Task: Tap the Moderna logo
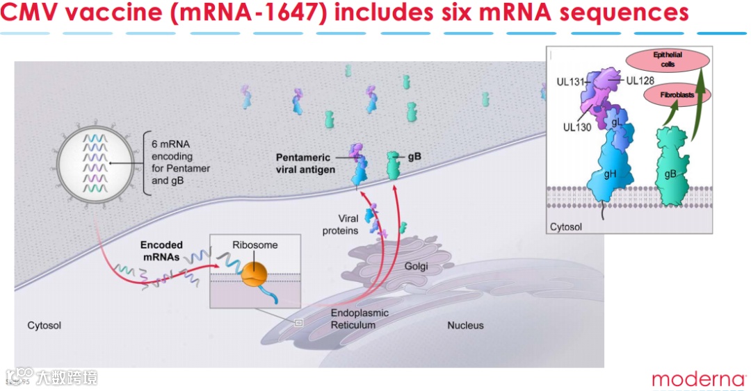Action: click(697, 379)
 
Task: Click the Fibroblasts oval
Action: click(672, 94)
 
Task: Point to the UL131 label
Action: click(570, 81)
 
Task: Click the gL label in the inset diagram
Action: click(616, 123)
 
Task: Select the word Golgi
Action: click(417, 267)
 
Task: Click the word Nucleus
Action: click(465, 325)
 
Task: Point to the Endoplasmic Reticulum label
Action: click(359, 319)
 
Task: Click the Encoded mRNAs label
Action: click(162, 250)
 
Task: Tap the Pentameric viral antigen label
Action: click(305, 163)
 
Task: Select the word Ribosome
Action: click(255, 245)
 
